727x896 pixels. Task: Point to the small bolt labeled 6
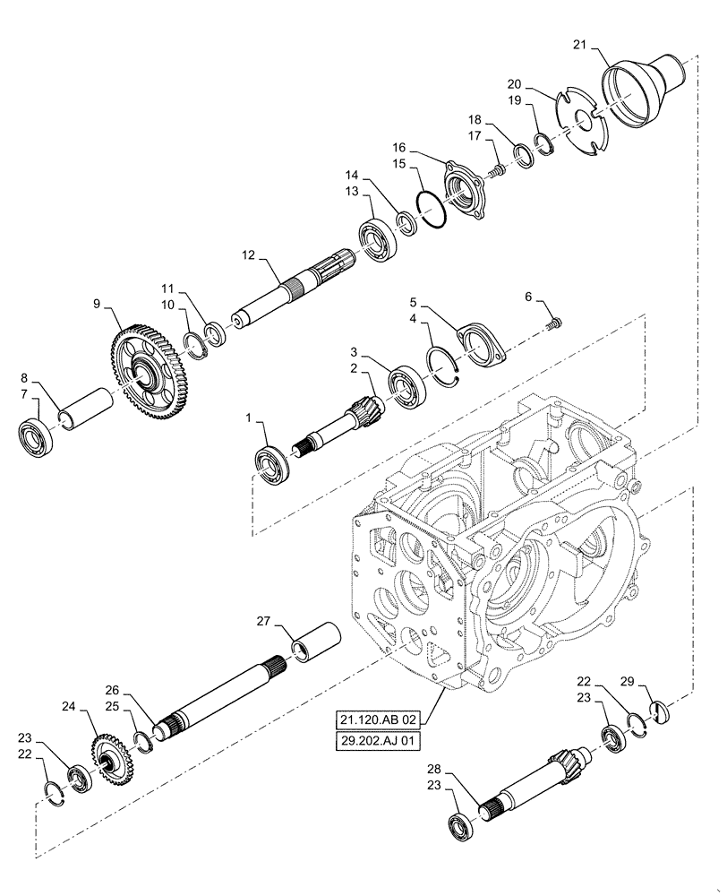pyautogui.click(x=553, y=323)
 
